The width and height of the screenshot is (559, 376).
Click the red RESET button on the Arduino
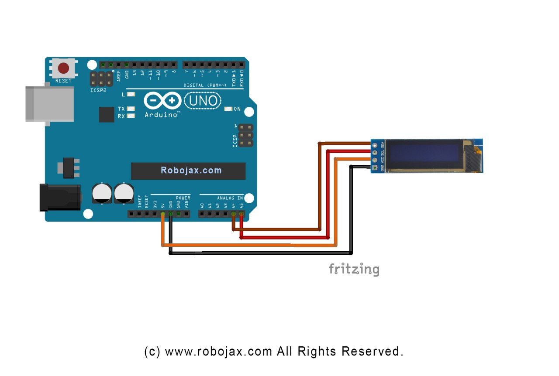64,68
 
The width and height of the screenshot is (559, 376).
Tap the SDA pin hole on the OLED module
374,145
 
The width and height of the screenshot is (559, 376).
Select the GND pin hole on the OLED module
374,167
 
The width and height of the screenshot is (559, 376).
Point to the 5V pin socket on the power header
162,214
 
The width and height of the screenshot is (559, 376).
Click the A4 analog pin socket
234,214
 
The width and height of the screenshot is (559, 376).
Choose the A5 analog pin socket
241,214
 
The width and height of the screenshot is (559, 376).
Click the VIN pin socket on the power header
186,214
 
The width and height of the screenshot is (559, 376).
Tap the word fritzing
354,269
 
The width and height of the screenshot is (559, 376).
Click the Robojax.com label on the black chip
191,171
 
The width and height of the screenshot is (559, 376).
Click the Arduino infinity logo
162,101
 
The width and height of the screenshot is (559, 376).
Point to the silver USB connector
49,103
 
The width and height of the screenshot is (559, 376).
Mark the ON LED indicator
228,109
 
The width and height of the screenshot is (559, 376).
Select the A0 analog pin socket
202,214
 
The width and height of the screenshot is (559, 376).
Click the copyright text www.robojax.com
218,351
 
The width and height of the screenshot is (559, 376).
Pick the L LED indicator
131,94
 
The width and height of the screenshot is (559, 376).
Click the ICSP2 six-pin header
100,79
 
